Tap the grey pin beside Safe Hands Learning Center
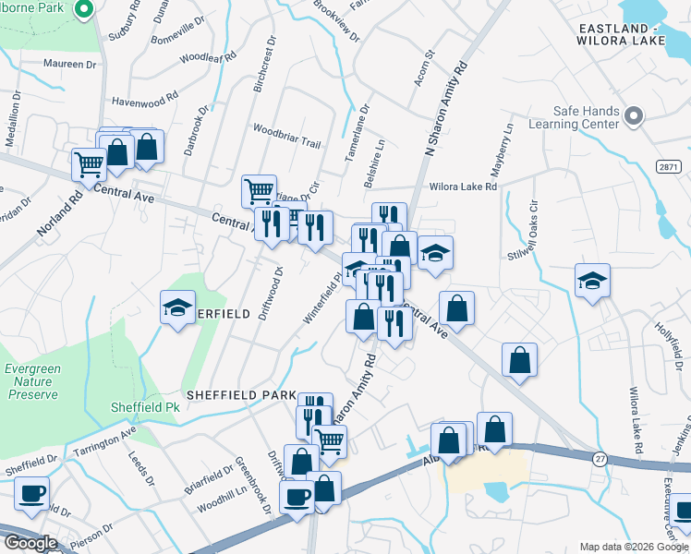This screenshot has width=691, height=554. click(633, 116)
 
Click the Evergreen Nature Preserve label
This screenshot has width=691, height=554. click(32, 380)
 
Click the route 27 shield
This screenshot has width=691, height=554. click(600, 459)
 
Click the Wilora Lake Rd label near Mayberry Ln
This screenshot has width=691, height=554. click(463, 187)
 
